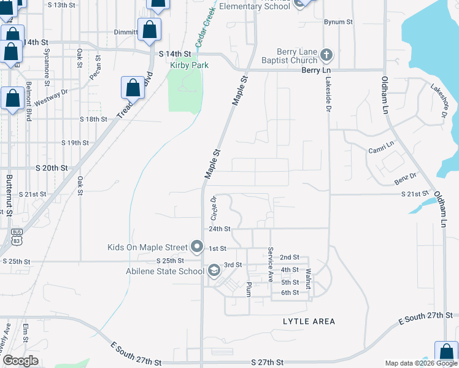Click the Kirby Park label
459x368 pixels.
(190, 65)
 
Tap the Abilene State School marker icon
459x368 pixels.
(214, 270)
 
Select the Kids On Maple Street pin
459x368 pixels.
(197, 247)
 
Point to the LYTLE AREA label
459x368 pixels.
(309, 321)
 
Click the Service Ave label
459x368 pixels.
(269, 264)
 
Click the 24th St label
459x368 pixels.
(219, 229)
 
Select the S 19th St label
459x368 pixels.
(75, 143)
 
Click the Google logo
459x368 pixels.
(20, 361)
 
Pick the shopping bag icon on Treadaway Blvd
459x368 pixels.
(133, 88)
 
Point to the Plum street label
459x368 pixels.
(249, 289)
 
